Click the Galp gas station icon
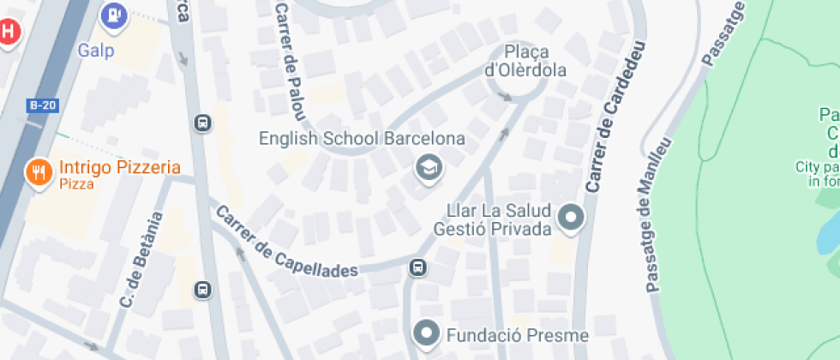click(x=114, y=15)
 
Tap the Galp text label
click(x=96, y=50)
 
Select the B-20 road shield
click(x=43, y=105)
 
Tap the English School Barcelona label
click(x=362, y=139)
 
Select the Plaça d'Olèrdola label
click(x=526, y=61)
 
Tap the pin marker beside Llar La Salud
click(x=570, y=218)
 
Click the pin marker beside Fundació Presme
click(x=427, y=332)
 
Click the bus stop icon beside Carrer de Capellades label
click(x=418, y=268)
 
